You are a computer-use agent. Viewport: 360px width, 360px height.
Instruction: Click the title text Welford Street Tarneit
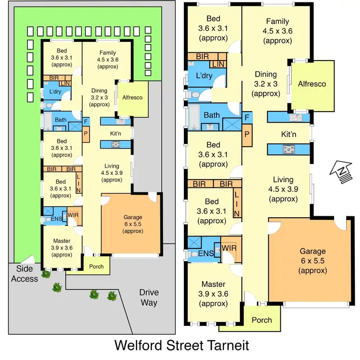click(x=181, y=346)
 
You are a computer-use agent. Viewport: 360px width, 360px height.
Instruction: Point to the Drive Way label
click(x=149, y=298)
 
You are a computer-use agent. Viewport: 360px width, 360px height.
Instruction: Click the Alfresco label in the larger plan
click(x=312, y=84)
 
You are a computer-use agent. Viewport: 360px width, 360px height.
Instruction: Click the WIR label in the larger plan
click(x=229, y=248)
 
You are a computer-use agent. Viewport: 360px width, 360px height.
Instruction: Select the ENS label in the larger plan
click(x=206, y=253)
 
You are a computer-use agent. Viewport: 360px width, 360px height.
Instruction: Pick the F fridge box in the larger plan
click(x=247, y=117)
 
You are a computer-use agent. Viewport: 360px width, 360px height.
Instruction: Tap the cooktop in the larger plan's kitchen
click(x=289, y=149)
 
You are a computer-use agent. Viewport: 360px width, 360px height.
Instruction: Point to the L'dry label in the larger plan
click(x=204, y=75)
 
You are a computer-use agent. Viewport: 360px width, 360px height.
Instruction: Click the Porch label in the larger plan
click(x=262, y=320)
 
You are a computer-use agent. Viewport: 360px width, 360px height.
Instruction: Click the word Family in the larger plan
click(x=277, y=21)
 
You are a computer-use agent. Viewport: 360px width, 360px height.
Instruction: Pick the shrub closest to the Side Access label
click(x=46, y=274)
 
